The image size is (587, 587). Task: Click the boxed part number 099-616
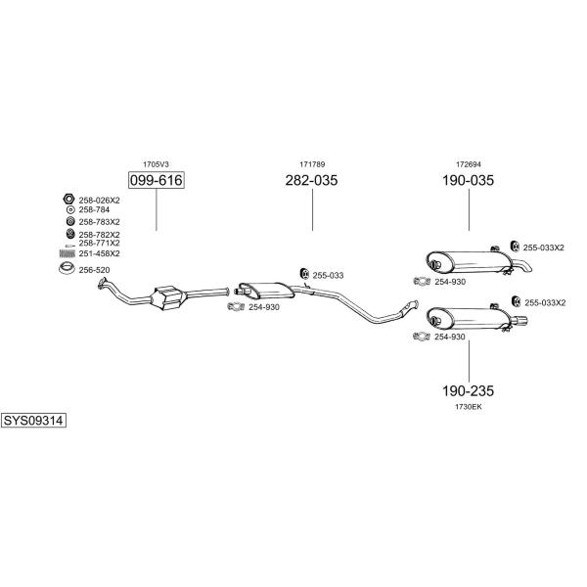tap(157, 180)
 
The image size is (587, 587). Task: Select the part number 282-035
tap(311, 180)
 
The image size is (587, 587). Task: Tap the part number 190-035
tap(468, 180)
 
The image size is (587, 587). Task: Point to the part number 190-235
tap(468, 390)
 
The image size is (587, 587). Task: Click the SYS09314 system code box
tap(33, 421)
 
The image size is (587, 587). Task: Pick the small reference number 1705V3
tap(156, 164)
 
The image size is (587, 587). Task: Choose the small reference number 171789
tap(312, 164)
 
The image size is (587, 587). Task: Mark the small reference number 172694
tap(469, 164)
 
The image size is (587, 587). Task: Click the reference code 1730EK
tap(469, 407)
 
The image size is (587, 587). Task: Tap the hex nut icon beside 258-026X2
tap(68, 199)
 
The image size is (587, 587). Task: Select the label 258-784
tap(94, 209)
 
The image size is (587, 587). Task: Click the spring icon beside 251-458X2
tap(68, 253)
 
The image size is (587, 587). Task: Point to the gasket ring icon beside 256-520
tap(67, 268)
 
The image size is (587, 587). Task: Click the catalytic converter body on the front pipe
tap(168, 297)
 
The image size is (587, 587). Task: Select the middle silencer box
tap(266, 291)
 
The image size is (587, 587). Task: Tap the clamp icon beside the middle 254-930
tap(236, 306)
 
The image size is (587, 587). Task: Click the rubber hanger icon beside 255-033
tap(305, 274)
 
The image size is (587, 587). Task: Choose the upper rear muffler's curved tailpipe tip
tap(523, 265)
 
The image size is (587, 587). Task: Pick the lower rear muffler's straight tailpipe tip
tap(520, 321)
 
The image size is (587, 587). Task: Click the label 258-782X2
tap(99, 235)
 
